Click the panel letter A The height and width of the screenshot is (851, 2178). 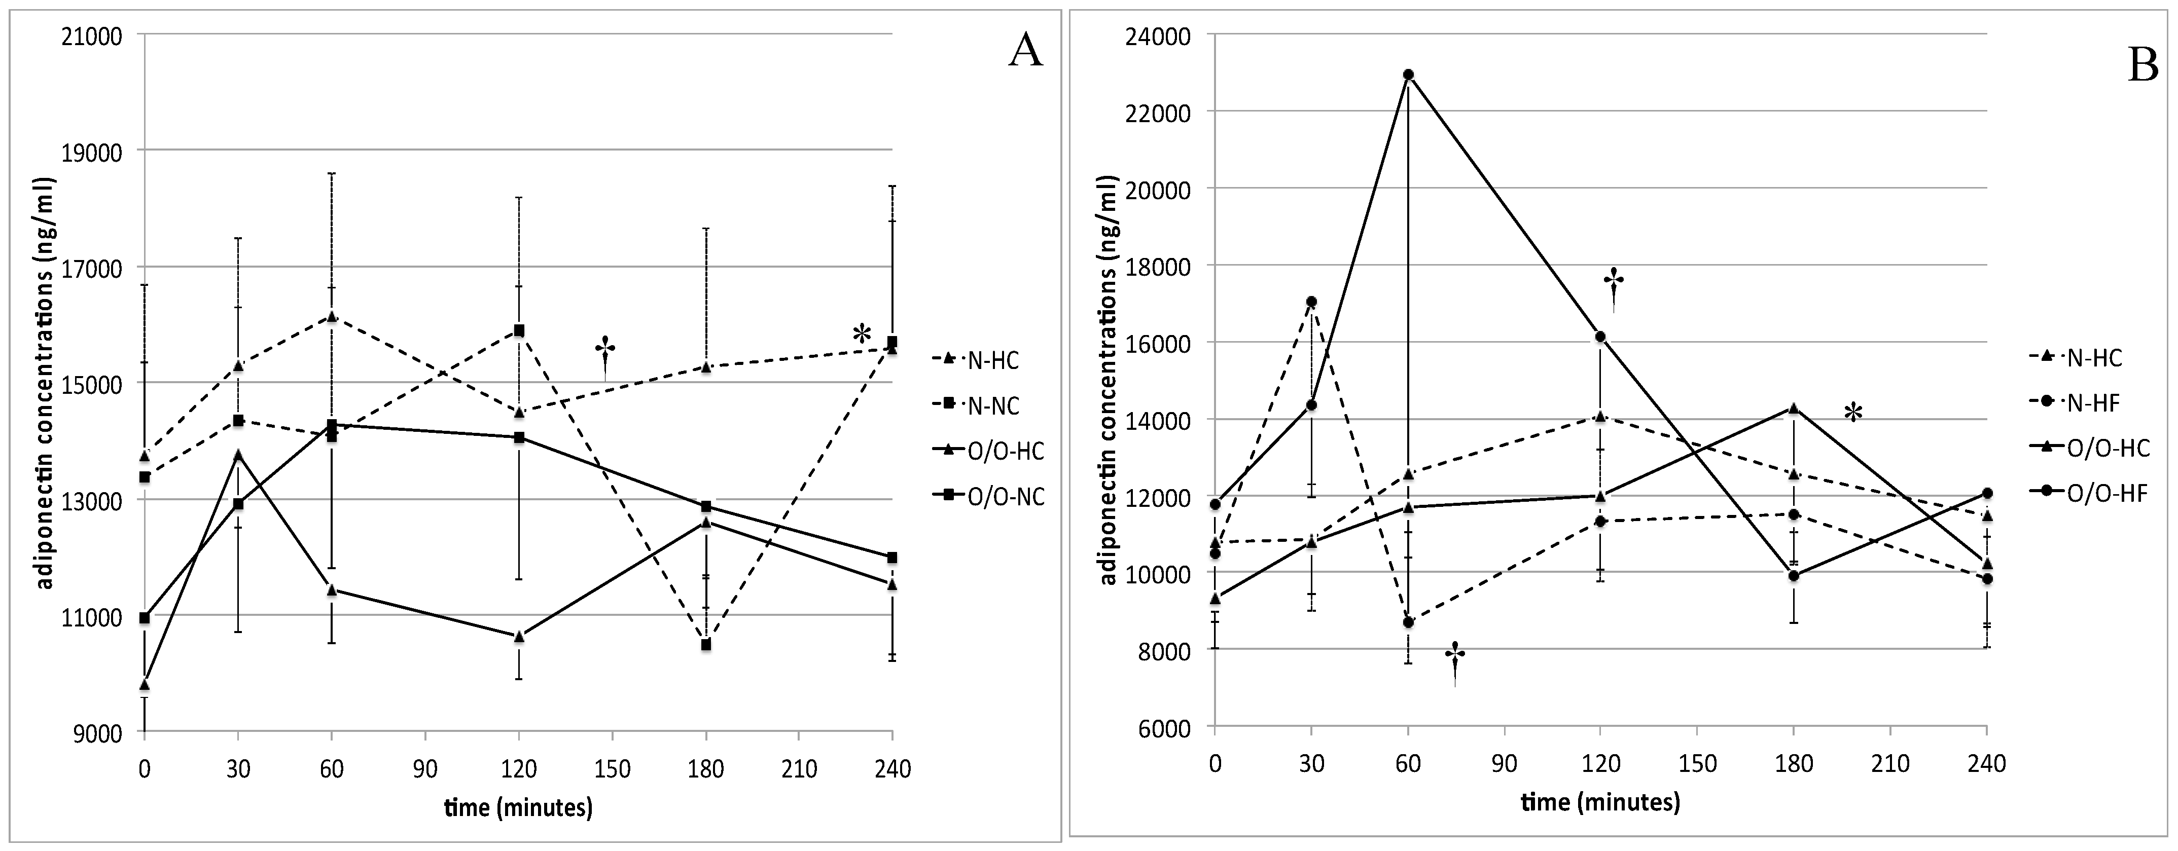[1025, 52]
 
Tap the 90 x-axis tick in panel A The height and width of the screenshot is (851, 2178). [425, 769]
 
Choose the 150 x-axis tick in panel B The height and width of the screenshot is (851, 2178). [1697, 764]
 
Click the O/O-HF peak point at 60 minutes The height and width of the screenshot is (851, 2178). [1408, 75]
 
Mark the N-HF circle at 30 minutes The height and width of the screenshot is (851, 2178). [1311, 302]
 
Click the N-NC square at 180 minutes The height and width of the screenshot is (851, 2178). [706, 645]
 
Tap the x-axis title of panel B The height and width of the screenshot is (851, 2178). [1600, 801]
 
